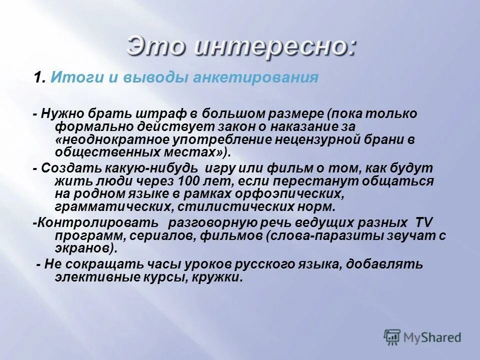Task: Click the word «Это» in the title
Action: click(155, 47)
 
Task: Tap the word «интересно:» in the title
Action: click(275, 47)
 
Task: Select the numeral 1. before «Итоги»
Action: click(40, 78)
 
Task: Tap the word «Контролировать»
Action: click(96, 223)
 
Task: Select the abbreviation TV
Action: click(424, 223)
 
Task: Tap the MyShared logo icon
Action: click(392, 338)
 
